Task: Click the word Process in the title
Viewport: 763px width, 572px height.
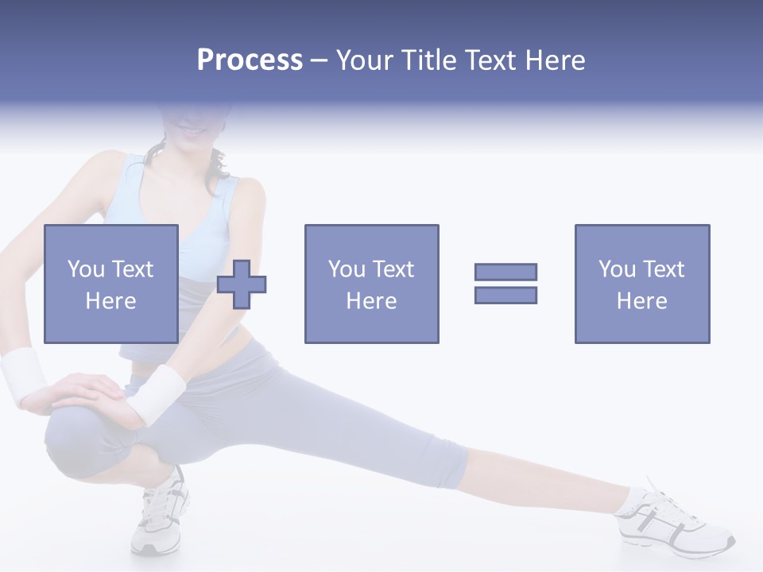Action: (x=250, y=60)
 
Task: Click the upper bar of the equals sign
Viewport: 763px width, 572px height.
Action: (x=505, y=272)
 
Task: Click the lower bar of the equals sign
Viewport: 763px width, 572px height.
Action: (x=505, y=295)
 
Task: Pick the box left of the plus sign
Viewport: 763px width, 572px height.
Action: (x=110, y=284)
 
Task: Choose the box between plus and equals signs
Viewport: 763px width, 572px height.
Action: (x=371, y=284)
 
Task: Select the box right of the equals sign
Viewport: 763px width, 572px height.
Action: (x=641, y=284)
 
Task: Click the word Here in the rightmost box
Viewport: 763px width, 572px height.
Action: (x=641, y=301)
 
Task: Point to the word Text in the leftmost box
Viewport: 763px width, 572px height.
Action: (x=132, y=269)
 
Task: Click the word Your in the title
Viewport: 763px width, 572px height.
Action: (x=366, y=60)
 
